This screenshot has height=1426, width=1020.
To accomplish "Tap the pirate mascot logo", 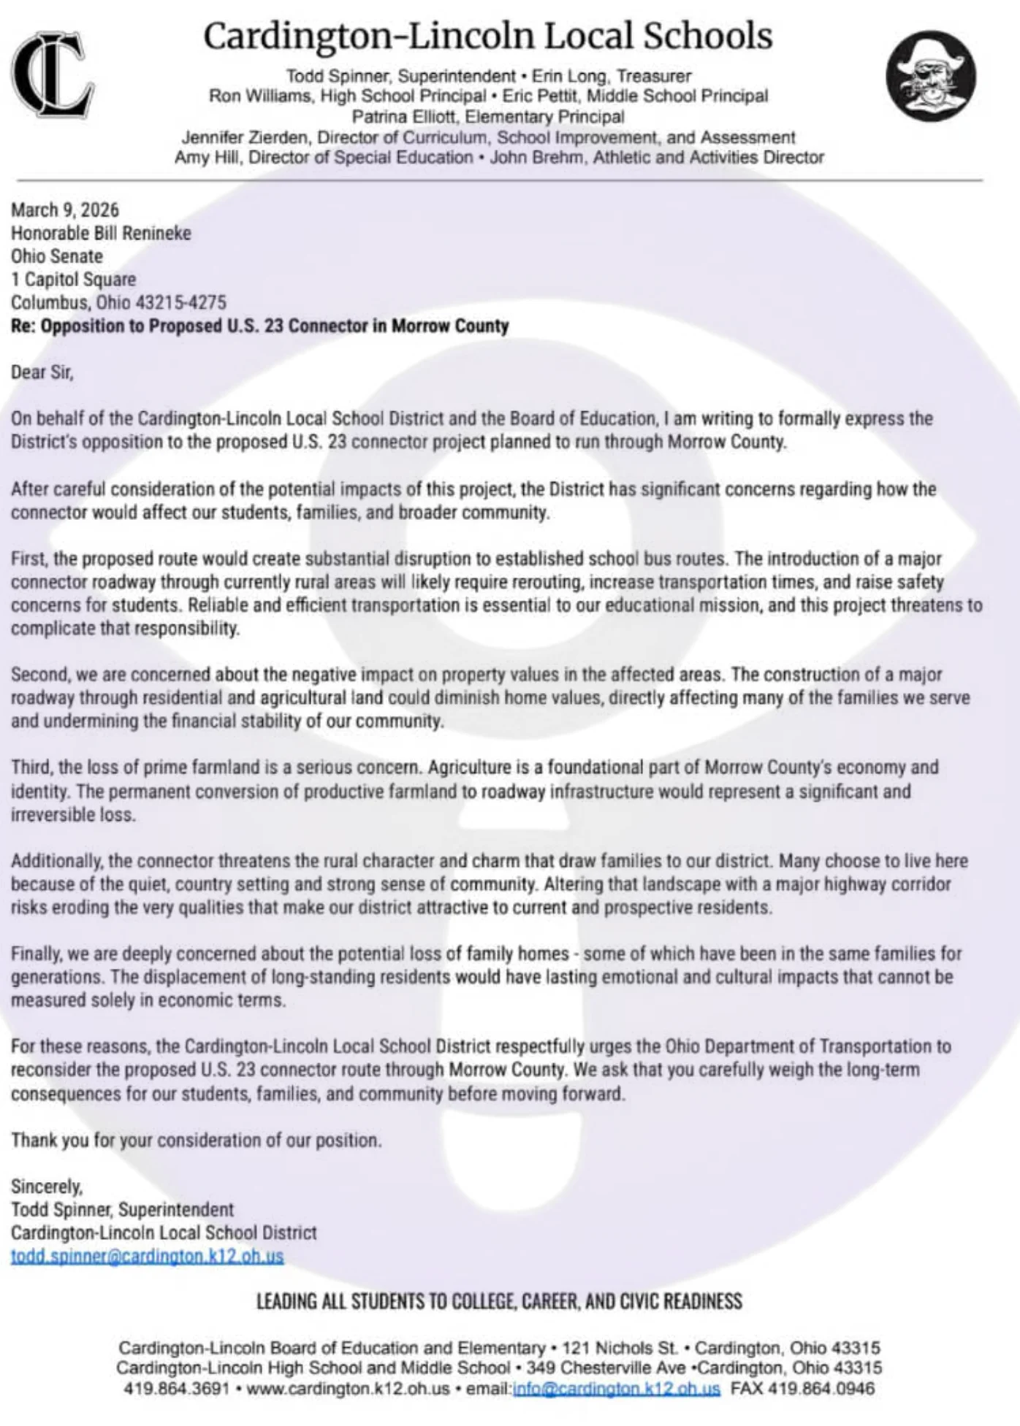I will pos(930,75).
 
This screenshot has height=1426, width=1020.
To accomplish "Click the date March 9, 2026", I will pos(64,210).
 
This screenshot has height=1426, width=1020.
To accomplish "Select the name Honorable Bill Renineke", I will pos(101,234).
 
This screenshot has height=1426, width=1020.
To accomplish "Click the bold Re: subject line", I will pos(259,326).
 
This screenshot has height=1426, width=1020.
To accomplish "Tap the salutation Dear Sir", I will pos(42,372).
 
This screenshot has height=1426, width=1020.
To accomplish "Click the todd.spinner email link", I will pos(147,1256).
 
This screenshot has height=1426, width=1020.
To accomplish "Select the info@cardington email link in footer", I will pos(616,1388).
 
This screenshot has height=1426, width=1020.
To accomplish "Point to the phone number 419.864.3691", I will pos(177,1388).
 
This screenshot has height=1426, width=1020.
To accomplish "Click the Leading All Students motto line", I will pos(499,1301).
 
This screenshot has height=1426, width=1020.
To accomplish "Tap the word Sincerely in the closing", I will pos(46,1187).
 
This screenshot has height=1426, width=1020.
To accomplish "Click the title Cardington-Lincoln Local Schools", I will pos(487,36).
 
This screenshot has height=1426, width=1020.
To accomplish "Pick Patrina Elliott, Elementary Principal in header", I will pos(488,117).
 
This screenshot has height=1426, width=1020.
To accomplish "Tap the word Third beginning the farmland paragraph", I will pos(30,767).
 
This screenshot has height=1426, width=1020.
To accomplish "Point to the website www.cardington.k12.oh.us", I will pos(348,1388).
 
